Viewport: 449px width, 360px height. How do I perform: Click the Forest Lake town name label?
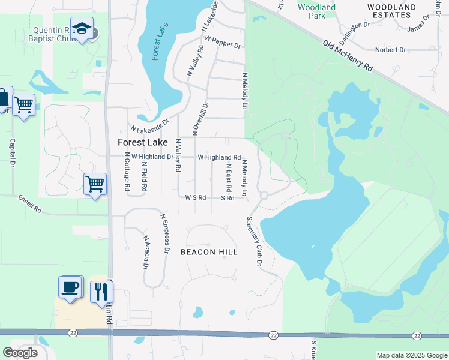pos(142,142)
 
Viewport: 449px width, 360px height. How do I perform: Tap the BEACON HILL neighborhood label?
pos(209,252)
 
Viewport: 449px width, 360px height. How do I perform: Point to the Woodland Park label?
pos(317,11)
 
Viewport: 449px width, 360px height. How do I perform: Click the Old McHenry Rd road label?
pos(348,56)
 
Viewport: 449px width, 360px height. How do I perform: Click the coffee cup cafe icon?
pos(70,287)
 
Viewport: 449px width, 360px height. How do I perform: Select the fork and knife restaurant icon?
pos(101,292)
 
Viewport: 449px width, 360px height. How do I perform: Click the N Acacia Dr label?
pos(146,251)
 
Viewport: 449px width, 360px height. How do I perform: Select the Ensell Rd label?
pos(29,204)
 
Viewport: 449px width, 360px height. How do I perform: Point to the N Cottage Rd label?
pos(128,172)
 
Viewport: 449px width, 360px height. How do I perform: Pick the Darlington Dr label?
pos(353,28)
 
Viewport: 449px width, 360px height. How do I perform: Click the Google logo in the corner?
pos(20,353)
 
